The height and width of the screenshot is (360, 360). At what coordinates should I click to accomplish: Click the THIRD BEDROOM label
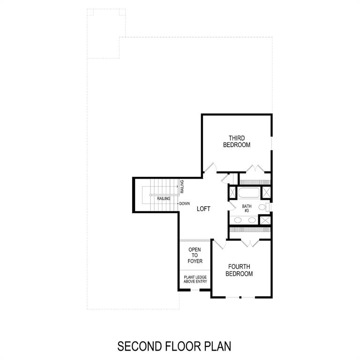tap(237, 142)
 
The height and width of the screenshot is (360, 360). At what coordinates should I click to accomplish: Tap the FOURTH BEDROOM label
tap(239, 270)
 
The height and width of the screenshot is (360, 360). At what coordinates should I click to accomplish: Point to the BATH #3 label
tap(247, 208)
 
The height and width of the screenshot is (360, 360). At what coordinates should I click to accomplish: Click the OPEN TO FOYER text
tap(195, 255)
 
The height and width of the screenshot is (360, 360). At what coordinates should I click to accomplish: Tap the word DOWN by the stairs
tap(184, 203)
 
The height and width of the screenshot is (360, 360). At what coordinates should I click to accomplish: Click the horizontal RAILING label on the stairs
tap(164, 199)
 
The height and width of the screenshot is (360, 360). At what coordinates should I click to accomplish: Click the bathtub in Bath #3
tap(248, 193)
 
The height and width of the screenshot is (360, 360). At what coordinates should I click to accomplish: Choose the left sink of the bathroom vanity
tap(238, 220)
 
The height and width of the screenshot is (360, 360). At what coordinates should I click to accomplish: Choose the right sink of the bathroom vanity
tap(252, 220)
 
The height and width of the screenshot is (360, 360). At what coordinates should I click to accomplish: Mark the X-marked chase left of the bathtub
tap(232, 192)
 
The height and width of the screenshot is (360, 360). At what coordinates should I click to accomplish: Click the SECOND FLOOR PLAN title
tap(174, 346)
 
